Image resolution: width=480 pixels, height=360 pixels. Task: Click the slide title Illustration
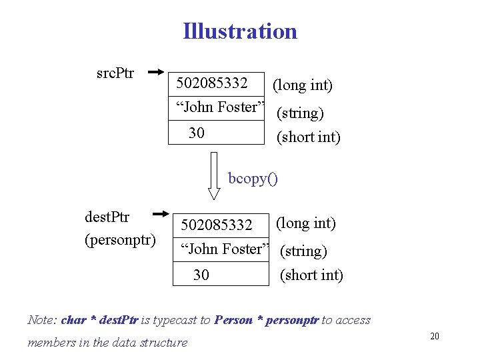(x=240, y=31)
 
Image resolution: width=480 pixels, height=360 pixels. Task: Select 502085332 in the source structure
(x=212, y=83)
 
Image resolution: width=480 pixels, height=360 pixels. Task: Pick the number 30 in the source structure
(x=197, y=133)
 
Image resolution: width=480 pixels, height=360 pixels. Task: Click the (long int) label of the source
(x=302, y=85)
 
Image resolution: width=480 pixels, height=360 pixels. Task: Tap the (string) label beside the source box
(x=300, y=113)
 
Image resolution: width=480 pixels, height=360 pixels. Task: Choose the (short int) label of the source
(x=308, y=137)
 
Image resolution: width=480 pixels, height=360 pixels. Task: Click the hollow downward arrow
(x=214, y=175)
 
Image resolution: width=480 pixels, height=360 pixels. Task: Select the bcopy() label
(x=253, y=178)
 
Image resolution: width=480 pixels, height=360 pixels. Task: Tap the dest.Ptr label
(x=107, y=217)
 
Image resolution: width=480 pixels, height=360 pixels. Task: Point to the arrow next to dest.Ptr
(x=163, y=214)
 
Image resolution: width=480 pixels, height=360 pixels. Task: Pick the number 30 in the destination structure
(x=201, y=275)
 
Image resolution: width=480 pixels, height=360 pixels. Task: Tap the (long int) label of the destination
(x=305, y=223)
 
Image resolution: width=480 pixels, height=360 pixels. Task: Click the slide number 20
(x=434, y=336)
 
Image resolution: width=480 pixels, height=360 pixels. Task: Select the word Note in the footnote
(x=41, y=320)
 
